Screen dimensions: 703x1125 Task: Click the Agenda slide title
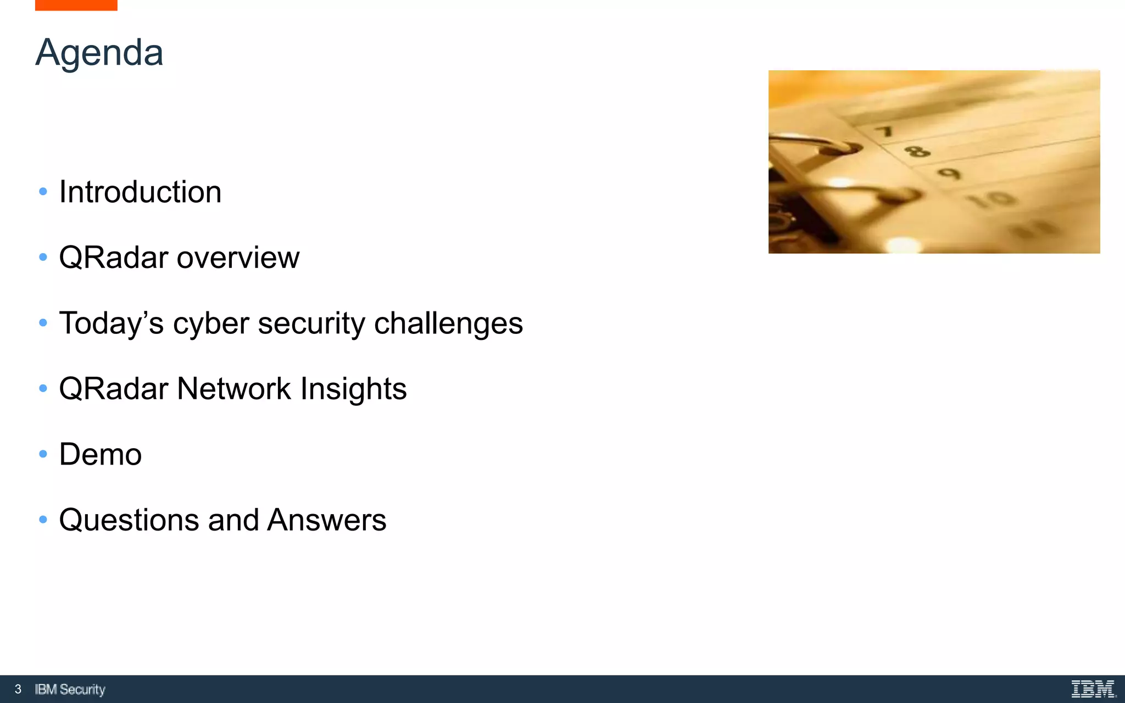pyautogui.click(x=99, y=53)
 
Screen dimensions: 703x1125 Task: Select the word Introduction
pyautogui.click(x=140, y=192)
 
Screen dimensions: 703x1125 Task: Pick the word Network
pyautogui.click(x=234, y=389)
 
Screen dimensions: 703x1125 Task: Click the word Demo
pyautogui.click(x=101, y=455)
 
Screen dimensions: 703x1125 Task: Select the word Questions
pyautogui.click(x=129, y=520)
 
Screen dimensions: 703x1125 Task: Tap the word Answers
pyautogui.click(x=327, y=520)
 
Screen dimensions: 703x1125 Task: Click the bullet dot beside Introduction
pyautogui.click(x=43, y=192)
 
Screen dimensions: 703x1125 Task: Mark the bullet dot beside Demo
pyautogui.click(x=43, y=454)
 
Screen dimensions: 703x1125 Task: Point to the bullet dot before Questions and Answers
pyautogui.click(x=43, y=520)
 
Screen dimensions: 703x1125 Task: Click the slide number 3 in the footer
pyautogui.click(x=18, y=689)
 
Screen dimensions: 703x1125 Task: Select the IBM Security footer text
pyautogui.click(x=70, y=689)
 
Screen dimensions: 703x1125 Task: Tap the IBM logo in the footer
pyautogui.click(x=1093, y=689)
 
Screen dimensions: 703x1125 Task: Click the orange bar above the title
pyautogui.click(x=76, y=5)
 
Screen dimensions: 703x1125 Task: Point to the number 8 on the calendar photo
pyautogui.click(x=917, y=150)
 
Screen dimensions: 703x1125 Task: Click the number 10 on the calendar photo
pyautogui.click(x=992, y=199)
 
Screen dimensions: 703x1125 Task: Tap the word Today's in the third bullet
pyautogui.click(x=111, y=323)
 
